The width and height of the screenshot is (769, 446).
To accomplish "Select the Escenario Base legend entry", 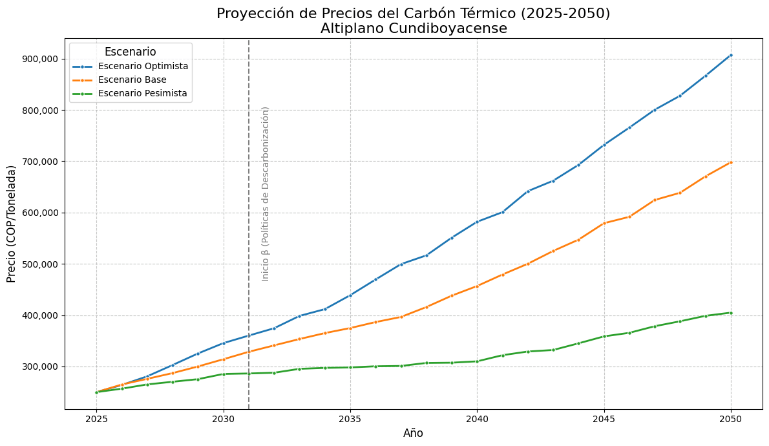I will click(132, 80).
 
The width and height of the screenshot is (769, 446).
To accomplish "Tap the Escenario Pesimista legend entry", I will click(142, 93).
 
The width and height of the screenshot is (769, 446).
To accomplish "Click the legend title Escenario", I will click(130, 52).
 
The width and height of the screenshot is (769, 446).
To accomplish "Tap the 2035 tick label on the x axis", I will click(350, 419).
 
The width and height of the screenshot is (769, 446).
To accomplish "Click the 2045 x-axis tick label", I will click(604, 419).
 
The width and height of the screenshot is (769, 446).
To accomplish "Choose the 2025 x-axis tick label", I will click(96, 419).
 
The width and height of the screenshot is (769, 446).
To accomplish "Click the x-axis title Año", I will click(413, 433).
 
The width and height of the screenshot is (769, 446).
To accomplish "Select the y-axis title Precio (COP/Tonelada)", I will click(12, 224).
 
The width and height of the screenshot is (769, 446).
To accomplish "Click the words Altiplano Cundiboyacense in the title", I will click(414, 29).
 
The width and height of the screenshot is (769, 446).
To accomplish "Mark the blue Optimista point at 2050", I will click(730, 56).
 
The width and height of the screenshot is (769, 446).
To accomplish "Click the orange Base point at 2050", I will click(730, 162).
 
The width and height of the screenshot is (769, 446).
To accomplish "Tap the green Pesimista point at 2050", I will click(730, 313).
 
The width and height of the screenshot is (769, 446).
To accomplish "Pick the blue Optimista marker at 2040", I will click(477, 222).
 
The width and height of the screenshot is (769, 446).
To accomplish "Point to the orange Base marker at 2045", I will click(604, 223).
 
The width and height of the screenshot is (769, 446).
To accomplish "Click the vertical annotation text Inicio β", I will click(266, 194).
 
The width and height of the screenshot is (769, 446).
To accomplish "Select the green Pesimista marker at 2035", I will click(350, 367).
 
